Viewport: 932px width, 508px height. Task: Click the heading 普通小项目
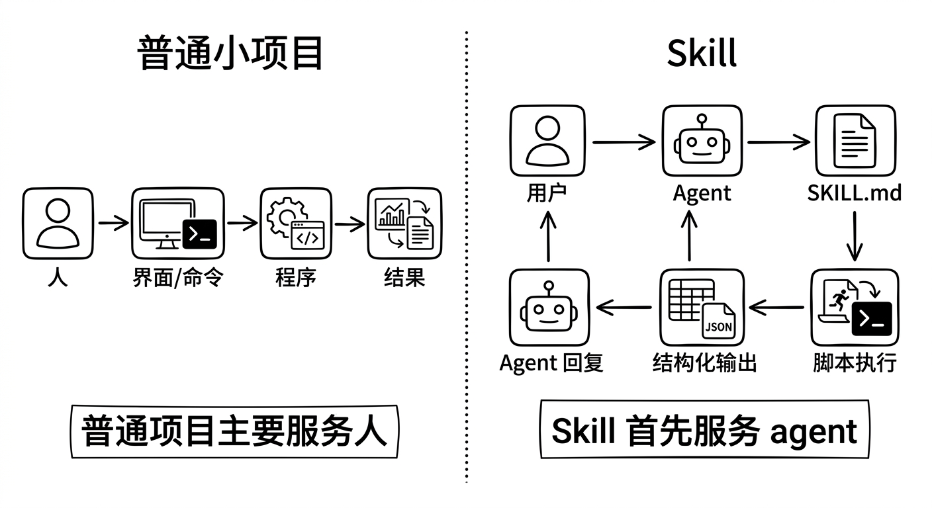tap(230, 53)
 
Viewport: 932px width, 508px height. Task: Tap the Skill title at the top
tap(702, 53)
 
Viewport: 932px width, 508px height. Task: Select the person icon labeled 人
tap(58, 223)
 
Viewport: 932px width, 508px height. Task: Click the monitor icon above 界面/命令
tap(177, 223)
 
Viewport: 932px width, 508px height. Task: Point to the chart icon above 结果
tap(404, 223)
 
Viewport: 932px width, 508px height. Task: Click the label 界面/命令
tap(177, 278)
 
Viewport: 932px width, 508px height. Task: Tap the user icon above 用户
tap(547, 141)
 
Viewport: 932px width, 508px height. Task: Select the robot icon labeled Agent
tap(702, 141)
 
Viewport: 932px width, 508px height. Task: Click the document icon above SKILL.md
tap(855, 141)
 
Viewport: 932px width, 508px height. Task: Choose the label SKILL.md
tap(855, 193)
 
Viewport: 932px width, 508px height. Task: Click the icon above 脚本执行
tap(855, 307)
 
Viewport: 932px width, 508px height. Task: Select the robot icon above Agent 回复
tap(548, 307)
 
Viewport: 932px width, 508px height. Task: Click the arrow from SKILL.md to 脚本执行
tap(855, 235)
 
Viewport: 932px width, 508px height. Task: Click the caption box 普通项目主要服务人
tap(234, 432)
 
